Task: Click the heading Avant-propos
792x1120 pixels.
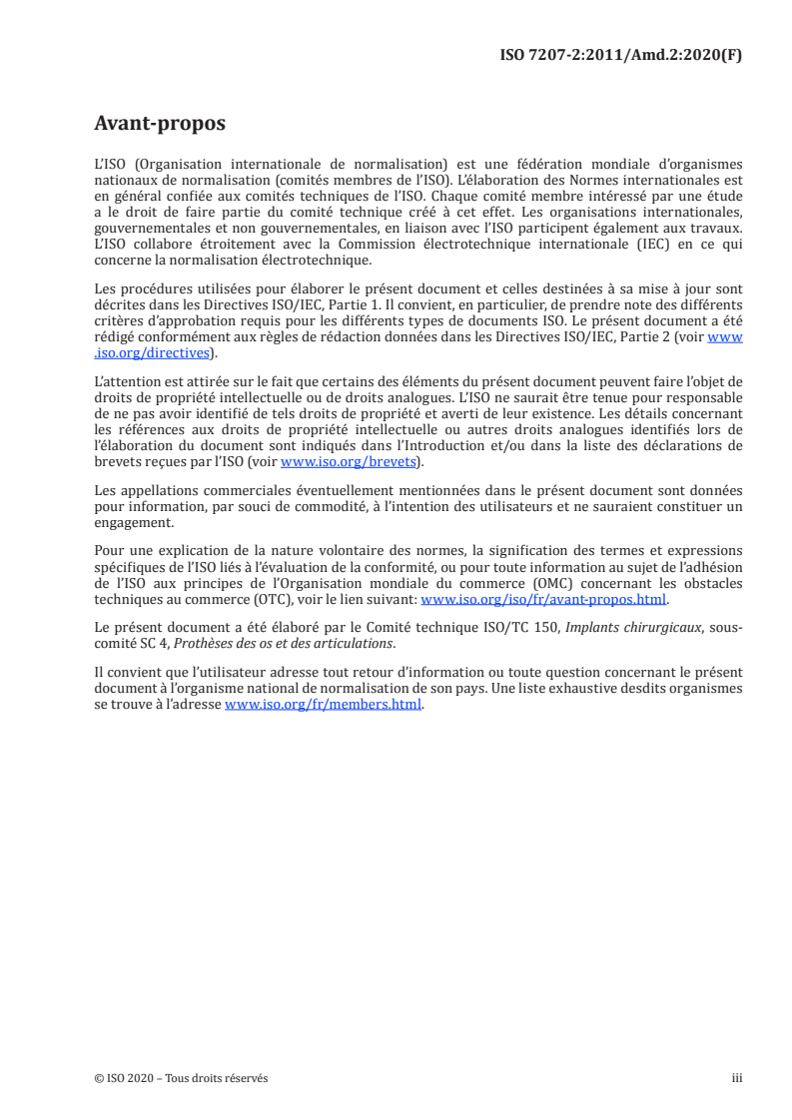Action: pyautogui.click(x=159, y=124)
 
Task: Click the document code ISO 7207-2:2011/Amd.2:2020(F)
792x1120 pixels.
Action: pyautogui.click(x=620, y=55)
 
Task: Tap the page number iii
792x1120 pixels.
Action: pyautogui.click(x=737, y=1078)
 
